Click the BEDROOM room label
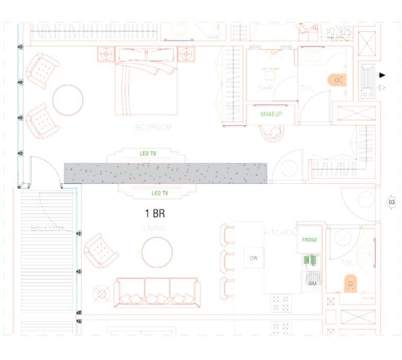tap(153, 127)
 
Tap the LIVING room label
tap(154, 228)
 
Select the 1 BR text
tap(155, 213)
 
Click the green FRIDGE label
tap(310, 240)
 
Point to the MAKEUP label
tap(271, 114)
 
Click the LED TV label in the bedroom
tap(148, 154)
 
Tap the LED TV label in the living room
tap(160, 193)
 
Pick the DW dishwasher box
tap(254, 257)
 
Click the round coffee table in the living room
tap(157, 252)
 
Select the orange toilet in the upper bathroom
tap(337, 80)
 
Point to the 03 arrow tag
tap(390, 202)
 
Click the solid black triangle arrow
tap(382, 75)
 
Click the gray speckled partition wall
tap(165, 173)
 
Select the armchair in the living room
tap(101, 251)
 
